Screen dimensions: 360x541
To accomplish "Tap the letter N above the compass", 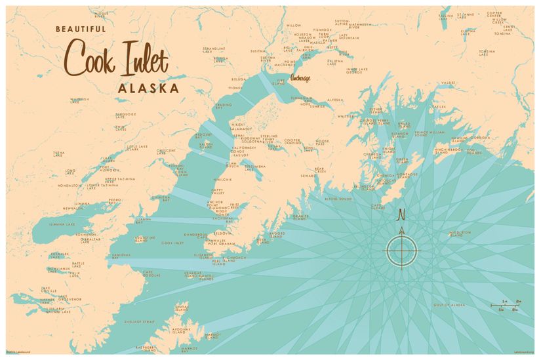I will [402, 214].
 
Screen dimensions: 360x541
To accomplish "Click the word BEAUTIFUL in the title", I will [81, 29].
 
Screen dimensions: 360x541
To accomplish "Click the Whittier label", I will [346, 116].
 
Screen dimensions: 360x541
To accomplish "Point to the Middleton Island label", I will [460, 233].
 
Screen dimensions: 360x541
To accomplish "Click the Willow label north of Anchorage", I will [293, 26].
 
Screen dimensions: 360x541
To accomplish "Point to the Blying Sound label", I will [338, 197].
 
